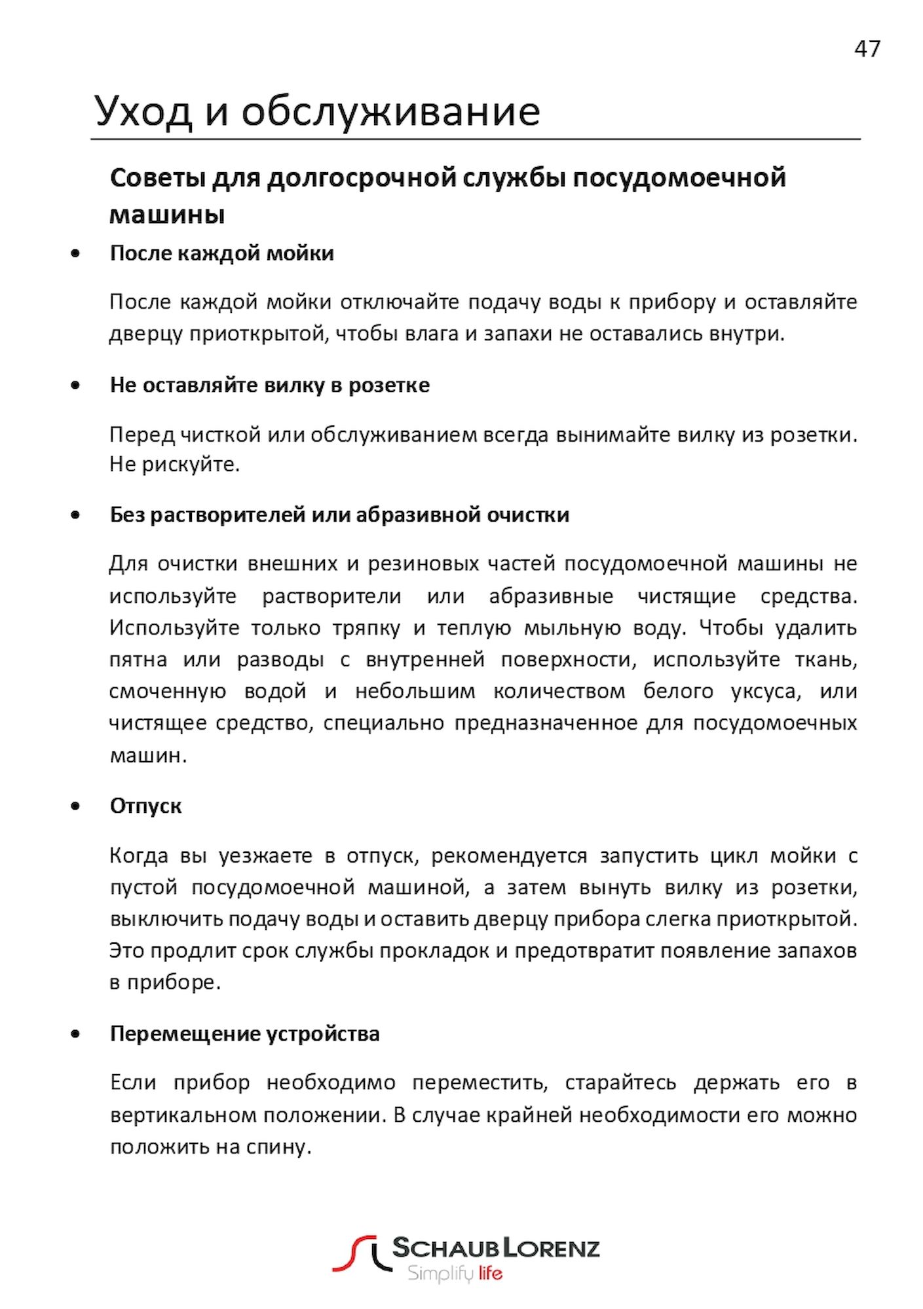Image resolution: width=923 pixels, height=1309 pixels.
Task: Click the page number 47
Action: click(x=867, y=49)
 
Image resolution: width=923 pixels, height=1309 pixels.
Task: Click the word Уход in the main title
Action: click(x=143, y=111)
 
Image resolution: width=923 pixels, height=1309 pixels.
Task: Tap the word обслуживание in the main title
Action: click(x=390, y=111)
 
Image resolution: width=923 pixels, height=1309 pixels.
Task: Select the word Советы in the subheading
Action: click(x=155, y=178)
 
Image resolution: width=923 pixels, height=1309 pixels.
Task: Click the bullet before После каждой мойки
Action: click(x=76, y=253)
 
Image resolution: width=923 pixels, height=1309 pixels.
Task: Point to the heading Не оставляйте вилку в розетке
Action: click(x=269, y=385)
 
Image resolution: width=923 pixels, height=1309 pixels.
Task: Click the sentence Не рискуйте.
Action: click(x=174, y=465)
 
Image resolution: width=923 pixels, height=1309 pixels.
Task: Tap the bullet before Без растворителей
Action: click(x=76, y=515)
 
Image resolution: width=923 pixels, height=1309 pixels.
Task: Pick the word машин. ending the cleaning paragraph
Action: click(x=148, y=755)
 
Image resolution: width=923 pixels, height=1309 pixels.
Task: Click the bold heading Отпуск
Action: click(x=145, y=806)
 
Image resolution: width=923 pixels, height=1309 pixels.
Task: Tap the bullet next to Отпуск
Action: click(x=76, y=806)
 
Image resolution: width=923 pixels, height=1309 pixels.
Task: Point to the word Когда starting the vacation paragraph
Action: click(x=139, y=856)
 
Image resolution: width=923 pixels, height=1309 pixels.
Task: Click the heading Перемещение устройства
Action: click(x=244, y=1034)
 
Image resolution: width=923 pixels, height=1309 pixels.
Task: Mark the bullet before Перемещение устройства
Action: click(x=76, y=1035)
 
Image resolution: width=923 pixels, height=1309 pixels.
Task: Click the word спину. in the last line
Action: click(x=278, y=1147)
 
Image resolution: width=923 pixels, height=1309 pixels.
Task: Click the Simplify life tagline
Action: click(x=455, y=1274)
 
